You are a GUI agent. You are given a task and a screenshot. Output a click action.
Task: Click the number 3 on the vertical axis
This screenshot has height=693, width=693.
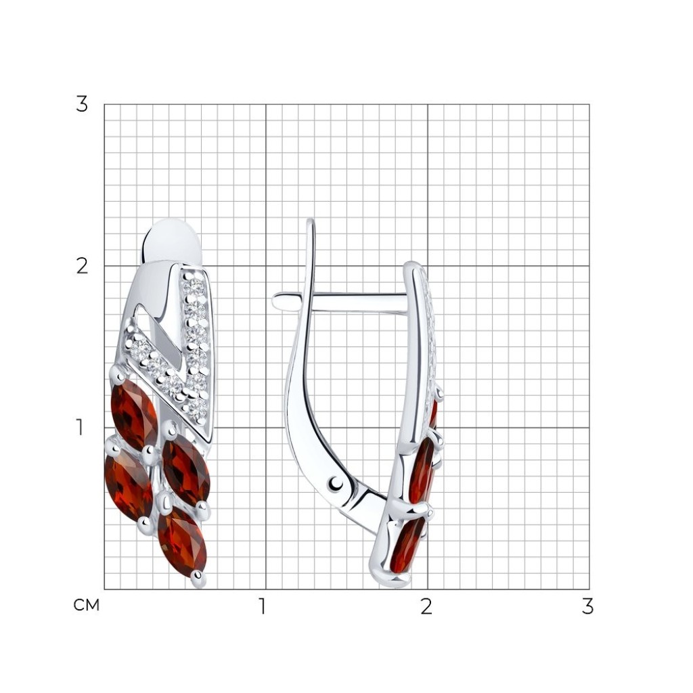[82, 104]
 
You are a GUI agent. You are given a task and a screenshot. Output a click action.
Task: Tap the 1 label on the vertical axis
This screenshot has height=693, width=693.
[80, 428]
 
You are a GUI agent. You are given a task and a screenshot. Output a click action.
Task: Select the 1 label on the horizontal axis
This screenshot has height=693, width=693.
[263, 606]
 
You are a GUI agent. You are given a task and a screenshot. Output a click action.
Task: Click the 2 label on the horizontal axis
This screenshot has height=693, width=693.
[426, 606]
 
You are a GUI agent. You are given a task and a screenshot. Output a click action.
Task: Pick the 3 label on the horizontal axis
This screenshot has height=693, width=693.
[587, 606]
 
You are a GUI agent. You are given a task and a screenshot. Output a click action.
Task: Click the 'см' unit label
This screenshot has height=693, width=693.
[87, 606]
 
